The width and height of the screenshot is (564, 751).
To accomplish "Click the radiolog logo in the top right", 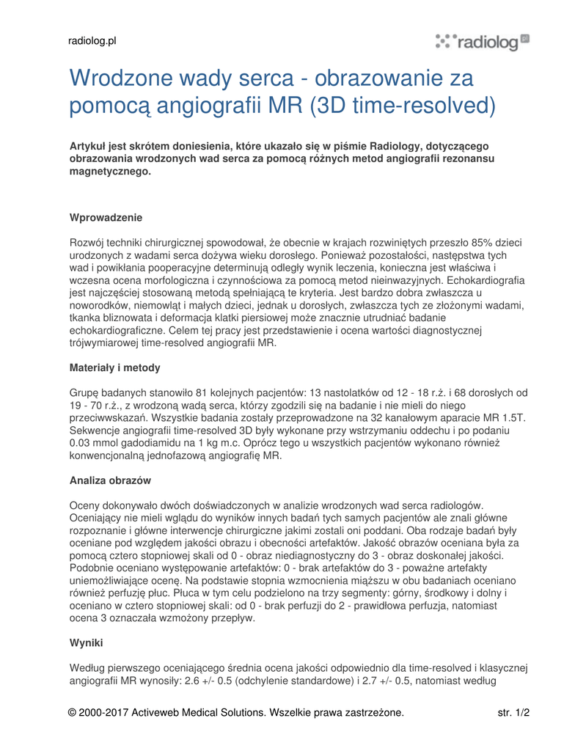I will click(482, 43).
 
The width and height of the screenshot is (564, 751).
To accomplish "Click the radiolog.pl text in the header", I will click(92, 41).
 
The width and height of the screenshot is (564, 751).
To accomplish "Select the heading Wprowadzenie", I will click(106, 218).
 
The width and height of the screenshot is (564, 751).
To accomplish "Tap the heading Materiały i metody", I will click(114, 367).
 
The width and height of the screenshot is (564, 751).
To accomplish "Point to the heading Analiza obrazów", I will click(110, 480).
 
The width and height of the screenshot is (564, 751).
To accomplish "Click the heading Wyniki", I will click(86, 642).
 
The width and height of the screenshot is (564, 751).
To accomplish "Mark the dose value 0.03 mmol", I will click(95, 443).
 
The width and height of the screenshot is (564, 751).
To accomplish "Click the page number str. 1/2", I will click(513, 712).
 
